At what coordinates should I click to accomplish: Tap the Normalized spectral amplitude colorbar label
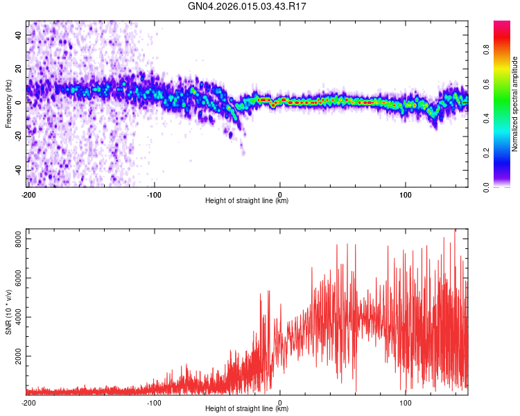click(515, 104)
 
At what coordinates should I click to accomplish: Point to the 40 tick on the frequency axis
click(19, 34)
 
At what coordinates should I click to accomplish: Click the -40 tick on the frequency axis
click(18, 170)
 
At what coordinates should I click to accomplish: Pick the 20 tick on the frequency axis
click(19, 68)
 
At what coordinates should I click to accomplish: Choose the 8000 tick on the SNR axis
click(15, 239)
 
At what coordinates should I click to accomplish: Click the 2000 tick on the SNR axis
click(15, 356)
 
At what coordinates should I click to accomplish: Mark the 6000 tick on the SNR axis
click(15, 277)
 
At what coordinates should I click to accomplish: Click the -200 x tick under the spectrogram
click(28, 195)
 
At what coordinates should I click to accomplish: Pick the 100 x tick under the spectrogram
click(406, 195)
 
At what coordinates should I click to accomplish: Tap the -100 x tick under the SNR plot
click(154, 403)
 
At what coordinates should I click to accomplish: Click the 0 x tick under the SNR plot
click(280, 403)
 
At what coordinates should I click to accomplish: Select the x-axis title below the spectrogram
click(247, 201)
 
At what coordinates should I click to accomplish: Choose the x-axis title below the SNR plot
click(247, 409)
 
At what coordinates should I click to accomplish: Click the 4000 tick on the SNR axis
click(15, 317)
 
